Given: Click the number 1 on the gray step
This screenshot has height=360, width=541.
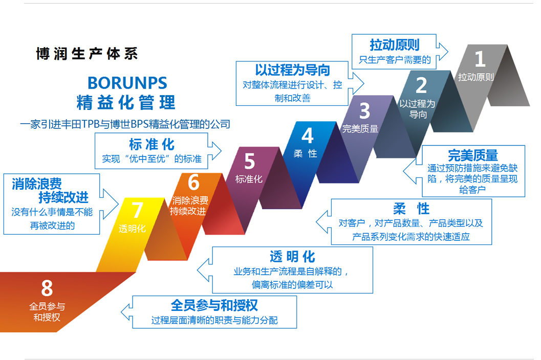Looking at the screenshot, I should (x=480, y=59).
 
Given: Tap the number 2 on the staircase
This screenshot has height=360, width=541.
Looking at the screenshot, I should (x=421, y=85).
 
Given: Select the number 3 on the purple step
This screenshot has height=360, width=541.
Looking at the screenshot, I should (x=364, y=110).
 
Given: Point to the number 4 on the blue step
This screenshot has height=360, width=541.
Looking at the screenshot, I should (x=307, y=136).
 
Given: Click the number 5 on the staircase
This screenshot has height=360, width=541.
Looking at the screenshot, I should (x=249, y=162).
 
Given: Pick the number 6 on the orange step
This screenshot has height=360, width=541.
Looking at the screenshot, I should (x=193, y=182).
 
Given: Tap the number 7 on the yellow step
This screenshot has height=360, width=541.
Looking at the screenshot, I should (x=137, y=211).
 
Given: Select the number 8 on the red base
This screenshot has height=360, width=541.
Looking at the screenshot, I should (x=47, y=289).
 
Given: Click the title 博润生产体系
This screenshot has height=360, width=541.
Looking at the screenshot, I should (x=87, y=54).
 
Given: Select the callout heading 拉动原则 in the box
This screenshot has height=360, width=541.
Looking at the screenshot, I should (x=395, y=44).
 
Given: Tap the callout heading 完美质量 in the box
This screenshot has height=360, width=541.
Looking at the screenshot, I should (x=472, y=155).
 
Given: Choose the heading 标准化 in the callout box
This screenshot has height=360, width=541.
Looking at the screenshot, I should (x=152, y=144).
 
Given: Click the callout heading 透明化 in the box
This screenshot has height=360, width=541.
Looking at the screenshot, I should (x=292, y=256).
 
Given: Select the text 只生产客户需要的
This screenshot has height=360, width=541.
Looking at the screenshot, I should (x=395, y=59).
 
